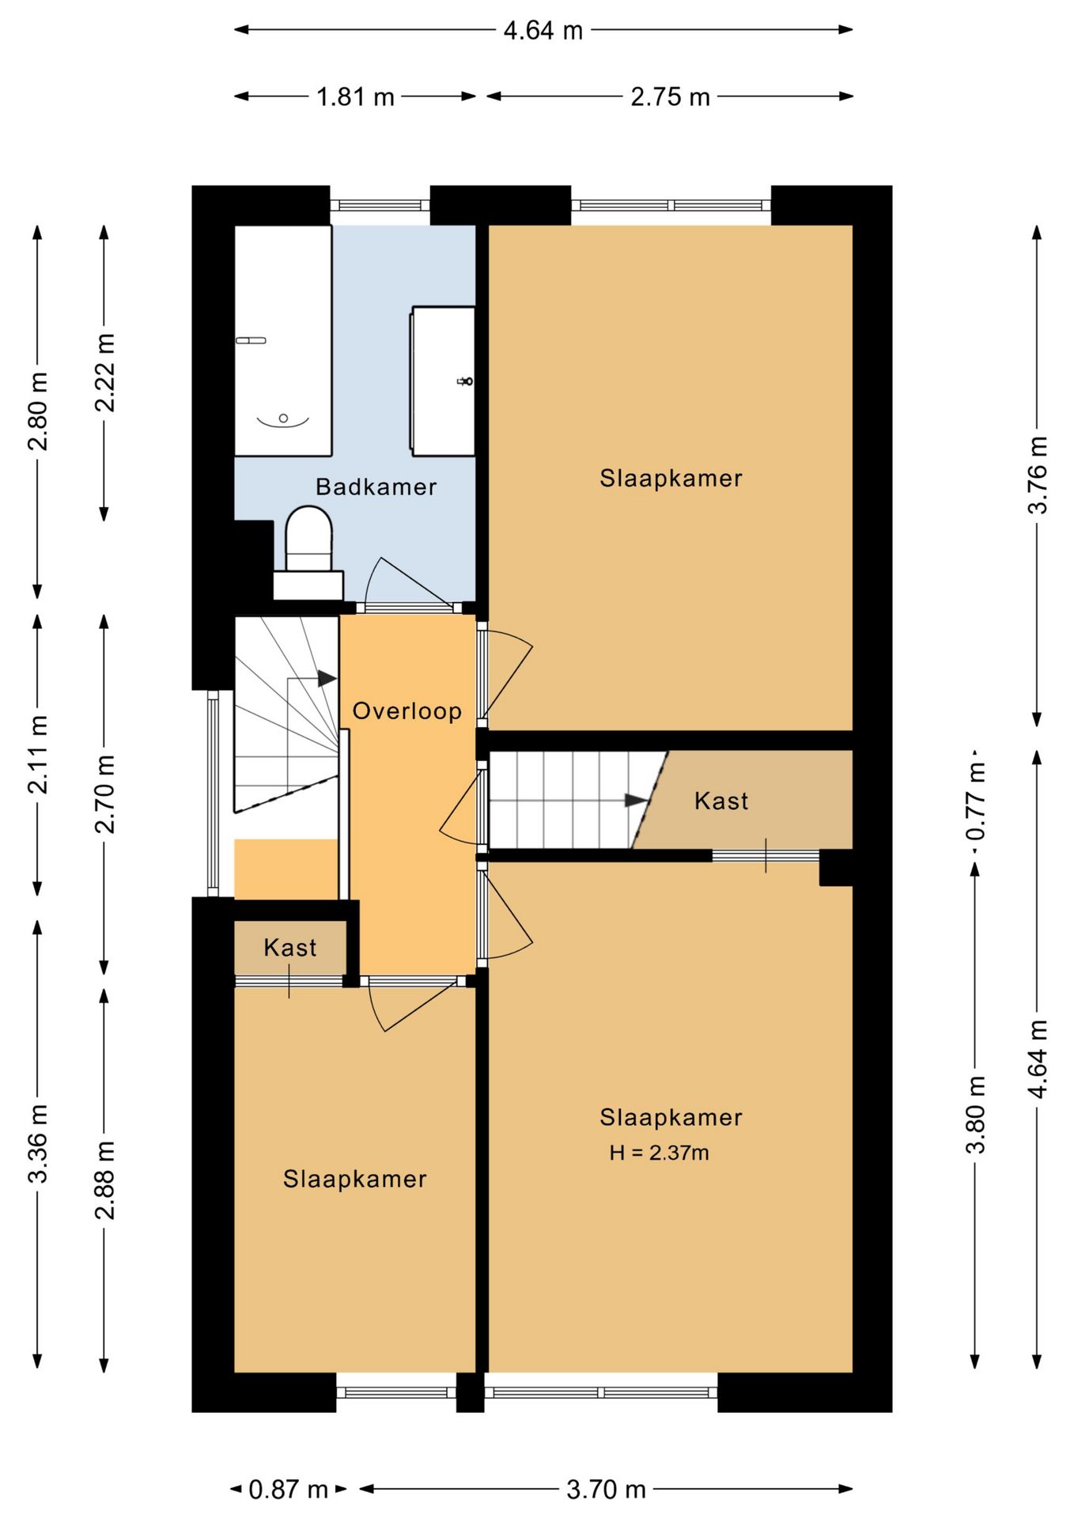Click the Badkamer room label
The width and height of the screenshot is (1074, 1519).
[376, 487]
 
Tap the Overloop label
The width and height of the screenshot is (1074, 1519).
[407, 711]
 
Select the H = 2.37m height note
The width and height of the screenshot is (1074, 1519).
[659, 1153]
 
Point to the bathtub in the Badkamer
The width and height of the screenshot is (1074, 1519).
[283, 341]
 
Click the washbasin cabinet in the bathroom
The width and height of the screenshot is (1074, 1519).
[443, 381]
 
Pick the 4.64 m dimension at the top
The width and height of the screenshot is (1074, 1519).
[543, 30]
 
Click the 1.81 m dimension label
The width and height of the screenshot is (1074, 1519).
[355, 97]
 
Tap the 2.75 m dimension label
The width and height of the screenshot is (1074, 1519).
[670, 97]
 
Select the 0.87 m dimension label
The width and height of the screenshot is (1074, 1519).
[288, 1490]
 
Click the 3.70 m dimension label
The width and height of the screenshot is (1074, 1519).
[606, 1490]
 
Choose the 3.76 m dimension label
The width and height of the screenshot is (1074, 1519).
[1038, 475]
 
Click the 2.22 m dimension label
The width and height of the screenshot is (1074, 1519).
[105, 373]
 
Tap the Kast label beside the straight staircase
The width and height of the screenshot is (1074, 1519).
[721, 801]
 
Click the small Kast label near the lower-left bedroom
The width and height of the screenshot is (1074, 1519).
[290, 948]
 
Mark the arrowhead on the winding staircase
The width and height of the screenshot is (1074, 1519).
[327, 679]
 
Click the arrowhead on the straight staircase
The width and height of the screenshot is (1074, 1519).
[637, 801]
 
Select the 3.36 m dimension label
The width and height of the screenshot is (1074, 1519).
[39, 1143]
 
